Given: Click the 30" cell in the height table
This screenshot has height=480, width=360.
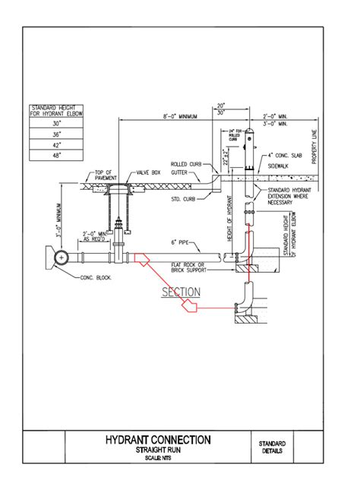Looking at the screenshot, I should point(56,122).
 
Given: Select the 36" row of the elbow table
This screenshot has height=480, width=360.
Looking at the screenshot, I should point(56,132).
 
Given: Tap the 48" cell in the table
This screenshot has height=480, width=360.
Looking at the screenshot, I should point(56,154).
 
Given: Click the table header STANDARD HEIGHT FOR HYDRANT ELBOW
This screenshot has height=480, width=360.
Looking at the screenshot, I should point(56,110).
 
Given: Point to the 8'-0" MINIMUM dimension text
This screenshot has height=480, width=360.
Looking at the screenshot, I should point(180,116).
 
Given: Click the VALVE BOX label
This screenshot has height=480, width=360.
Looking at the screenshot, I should point(147,172).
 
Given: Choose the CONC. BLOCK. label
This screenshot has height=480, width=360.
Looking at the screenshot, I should point(96,278).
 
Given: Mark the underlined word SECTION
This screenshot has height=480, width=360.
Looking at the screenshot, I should point(181,292).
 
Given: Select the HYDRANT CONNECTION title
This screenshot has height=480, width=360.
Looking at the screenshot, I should point(158,440).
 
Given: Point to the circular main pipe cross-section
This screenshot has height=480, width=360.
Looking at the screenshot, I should point(60,257).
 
